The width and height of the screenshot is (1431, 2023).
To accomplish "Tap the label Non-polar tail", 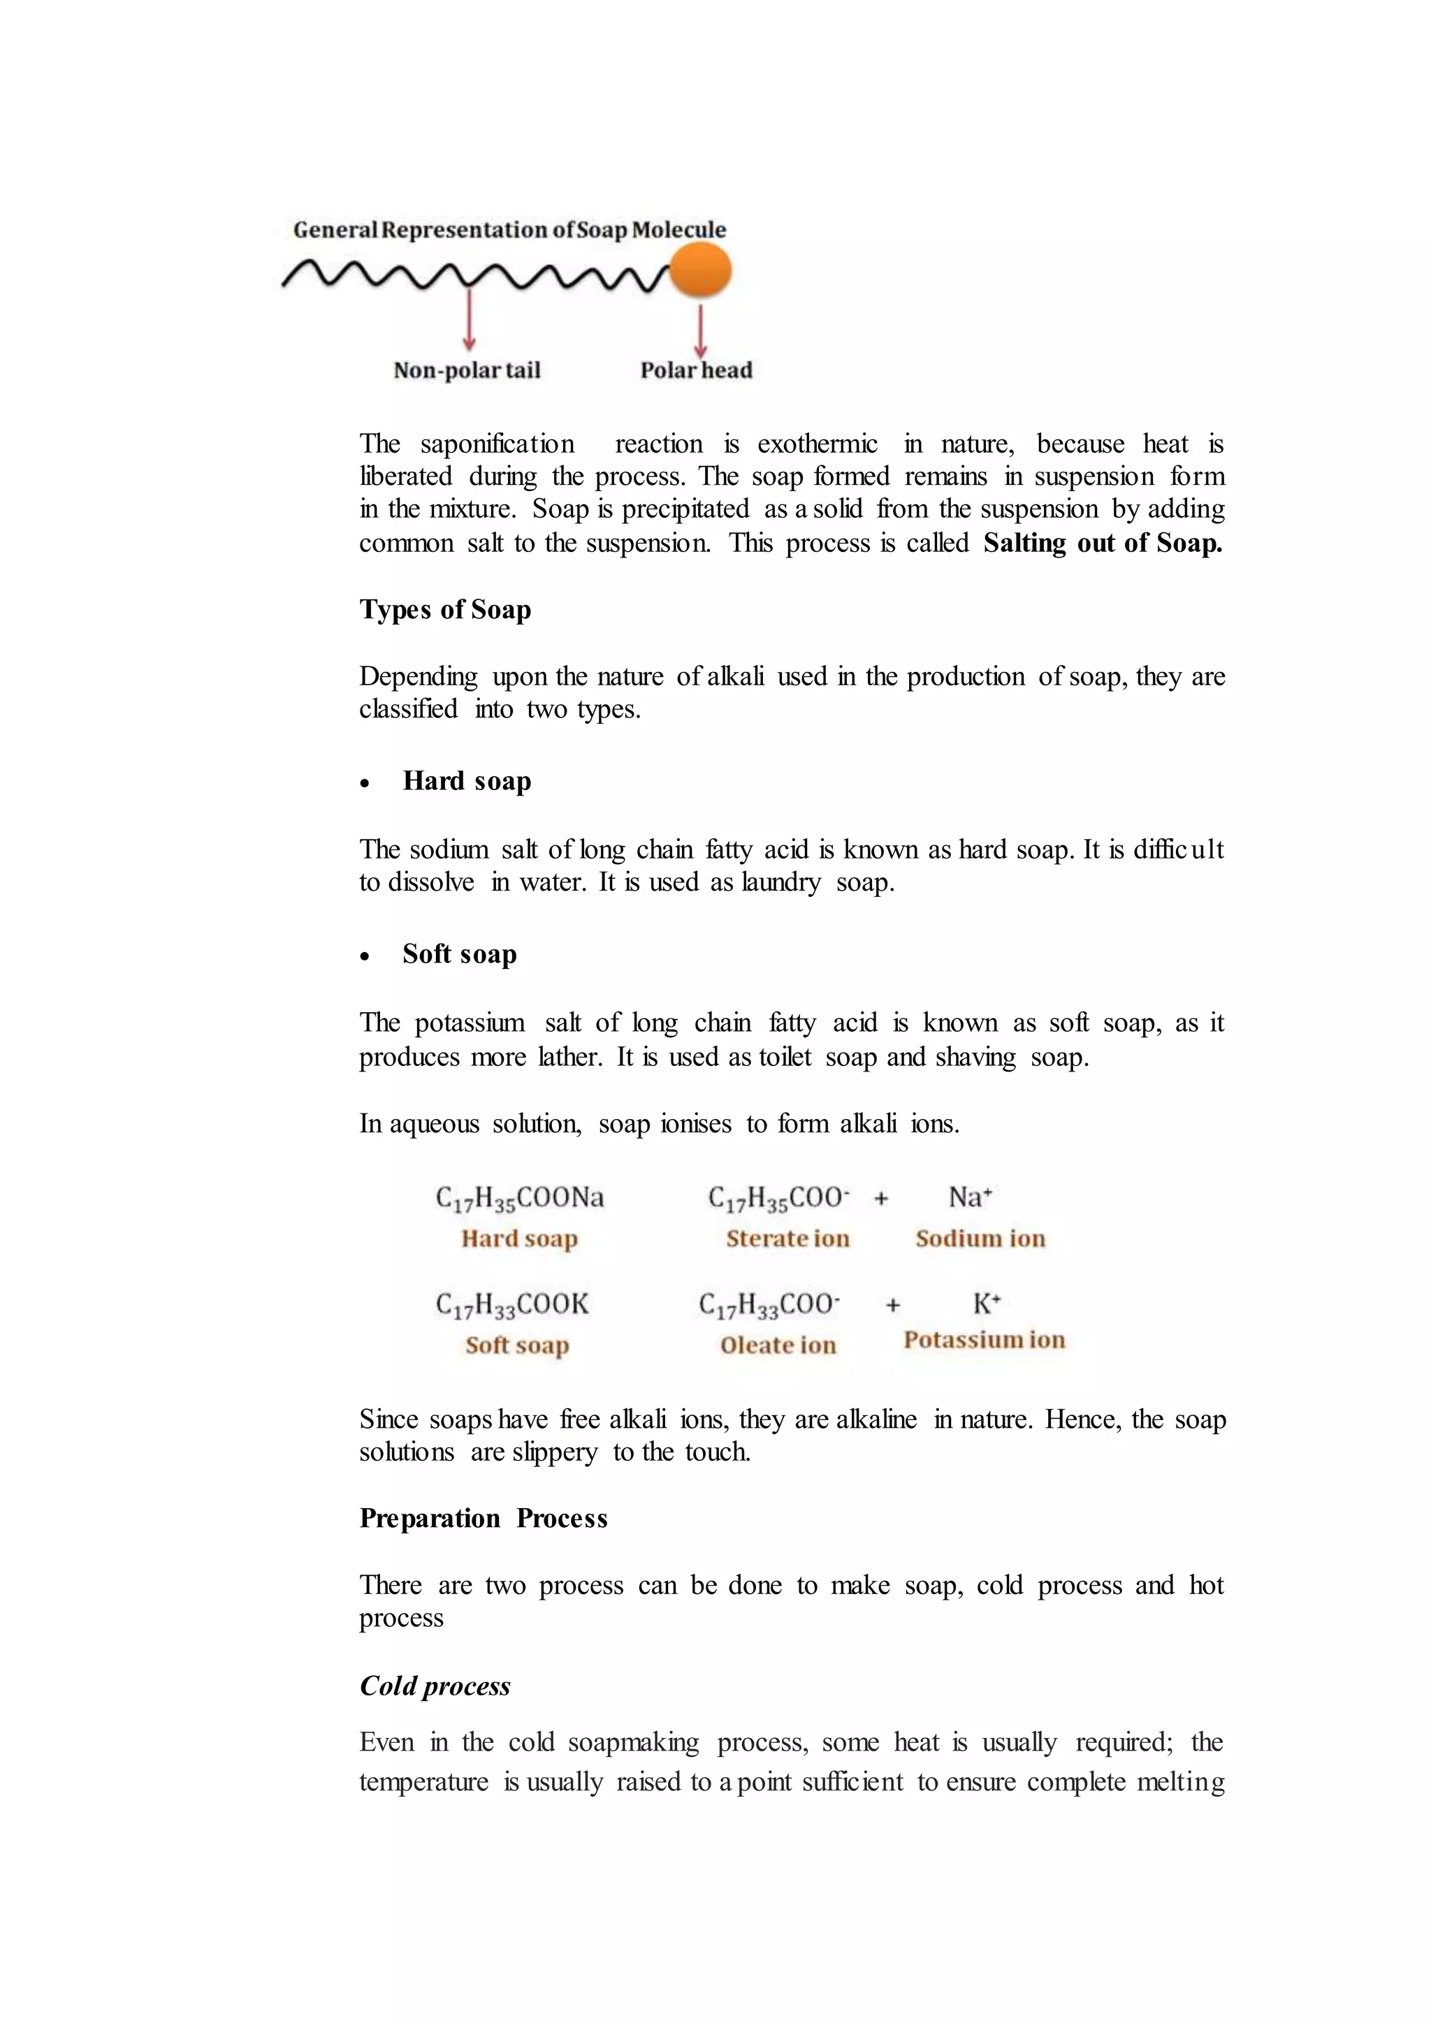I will click(466, 370).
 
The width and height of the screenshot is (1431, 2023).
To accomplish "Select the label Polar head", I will click(696, 370).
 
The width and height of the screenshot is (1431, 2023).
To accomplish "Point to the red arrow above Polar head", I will click(701, 330).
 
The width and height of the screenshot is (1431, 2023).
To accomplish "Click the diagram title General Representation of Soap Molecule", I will click(509, 230).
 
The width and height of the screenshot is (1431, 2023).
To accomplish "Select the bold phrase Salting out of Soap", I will click(1103, 543).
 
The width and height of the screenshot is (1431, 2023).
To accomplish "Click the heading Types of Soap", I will click(445, 610).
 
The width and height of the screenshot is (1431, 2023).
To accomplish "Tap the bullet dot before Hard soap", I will click(365, 783).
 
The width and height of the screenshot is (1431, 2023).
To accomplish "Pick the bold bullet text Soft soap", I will click(459, 954).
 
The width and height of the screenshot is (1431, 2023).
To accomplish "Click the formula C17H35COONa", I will click(520, 1198).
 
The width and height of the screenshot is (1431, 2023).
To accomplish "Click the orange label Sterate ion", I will click(787, 1239).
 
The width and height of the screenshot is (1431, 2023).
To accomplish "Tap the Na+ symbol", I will click(970, 1197).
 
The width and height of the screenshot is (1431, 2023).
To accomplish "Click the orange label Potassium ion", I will click(985, 1340).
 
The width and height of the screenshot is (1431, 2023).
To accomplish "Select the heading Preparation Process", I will click(483, 1519).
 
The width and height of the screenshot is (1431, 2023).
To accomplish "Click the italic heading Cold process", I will click(435, 1686).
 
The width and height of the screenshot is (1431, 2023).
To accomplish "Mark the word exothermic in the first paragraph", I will click(817, 444).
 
